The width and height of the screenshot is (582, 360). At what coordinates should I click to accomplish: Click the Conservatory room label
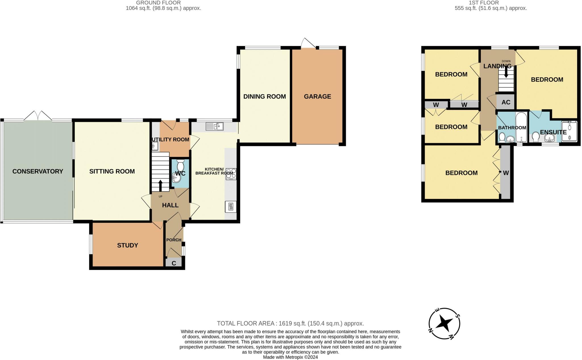point(38,171)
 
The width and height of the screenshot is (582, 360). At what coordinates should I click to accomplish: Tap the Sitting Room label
point(112,171)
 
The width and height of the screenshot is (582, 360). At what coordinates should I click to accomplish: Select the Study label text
point(128,245)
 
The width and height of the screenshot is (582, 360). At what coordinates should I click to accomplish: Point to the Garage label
point(317,97)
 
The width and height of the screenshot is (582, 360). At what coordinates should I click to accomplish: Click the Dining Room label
point(265,97)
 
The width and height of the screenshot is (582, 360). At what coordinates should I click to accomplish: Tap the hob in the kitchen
point(231,174)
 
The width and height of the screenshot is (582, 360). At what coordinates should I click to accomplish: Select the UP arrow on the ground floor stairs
point(160,186)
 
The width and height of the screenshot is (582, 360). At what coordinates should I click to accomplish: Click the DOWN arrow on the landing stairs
point(506,72)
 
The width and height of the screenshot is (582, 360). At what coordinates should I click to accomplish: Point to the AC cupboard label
point(506,102)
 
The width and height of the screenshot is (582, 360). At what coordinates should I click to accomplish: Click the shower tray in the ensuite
point(569,131)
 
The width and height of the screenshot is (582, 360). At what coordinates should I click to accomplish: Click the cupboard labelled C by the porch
point(174,263)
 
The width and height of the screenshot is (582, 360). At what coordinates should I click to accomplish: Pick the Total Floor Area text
point(290,323)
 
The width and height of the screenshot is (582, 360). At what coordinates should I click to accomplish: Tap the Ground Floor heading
point(158,3)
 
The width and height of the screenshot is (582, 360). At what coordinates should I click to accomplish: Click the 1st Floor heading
point(488,3)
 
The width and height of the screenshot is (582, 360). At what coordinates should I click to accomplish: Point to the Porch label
point(174,240)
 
